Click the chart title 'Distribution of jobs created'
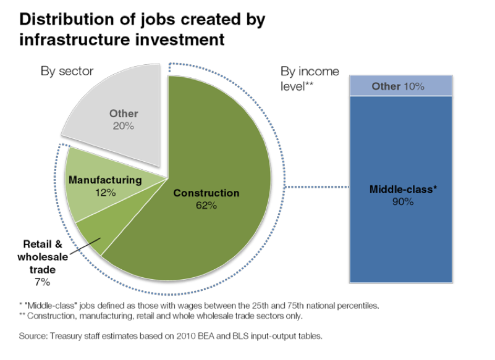tap(142, 19)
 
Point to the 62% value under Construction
tap(206, 206)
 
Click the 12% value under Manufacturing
tap(106, 192)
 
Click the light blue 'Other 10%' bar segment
tap(397, 86)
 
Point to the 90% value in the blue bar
tap(404, 201)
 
